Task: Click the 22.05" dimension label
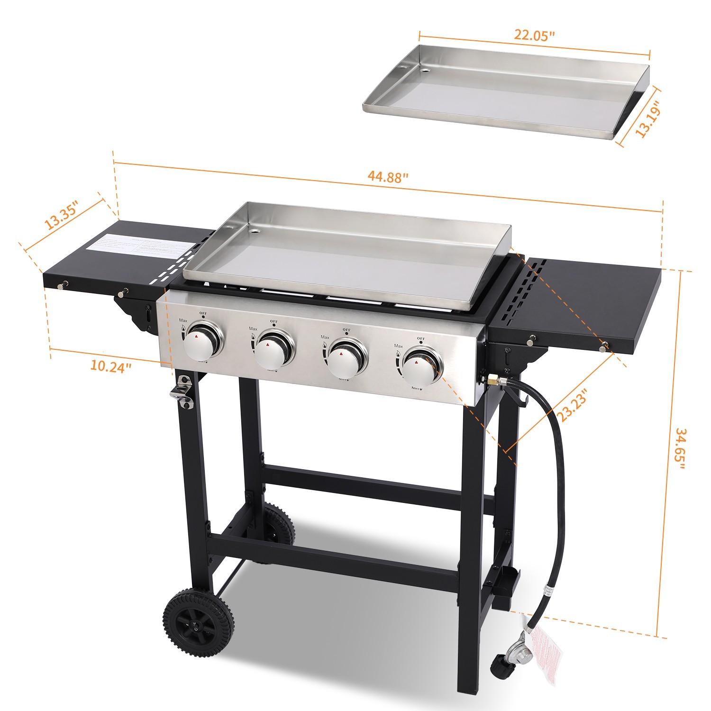click(x=534, y=36)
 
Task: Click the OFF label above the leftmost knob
click(x=203, y=313)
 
